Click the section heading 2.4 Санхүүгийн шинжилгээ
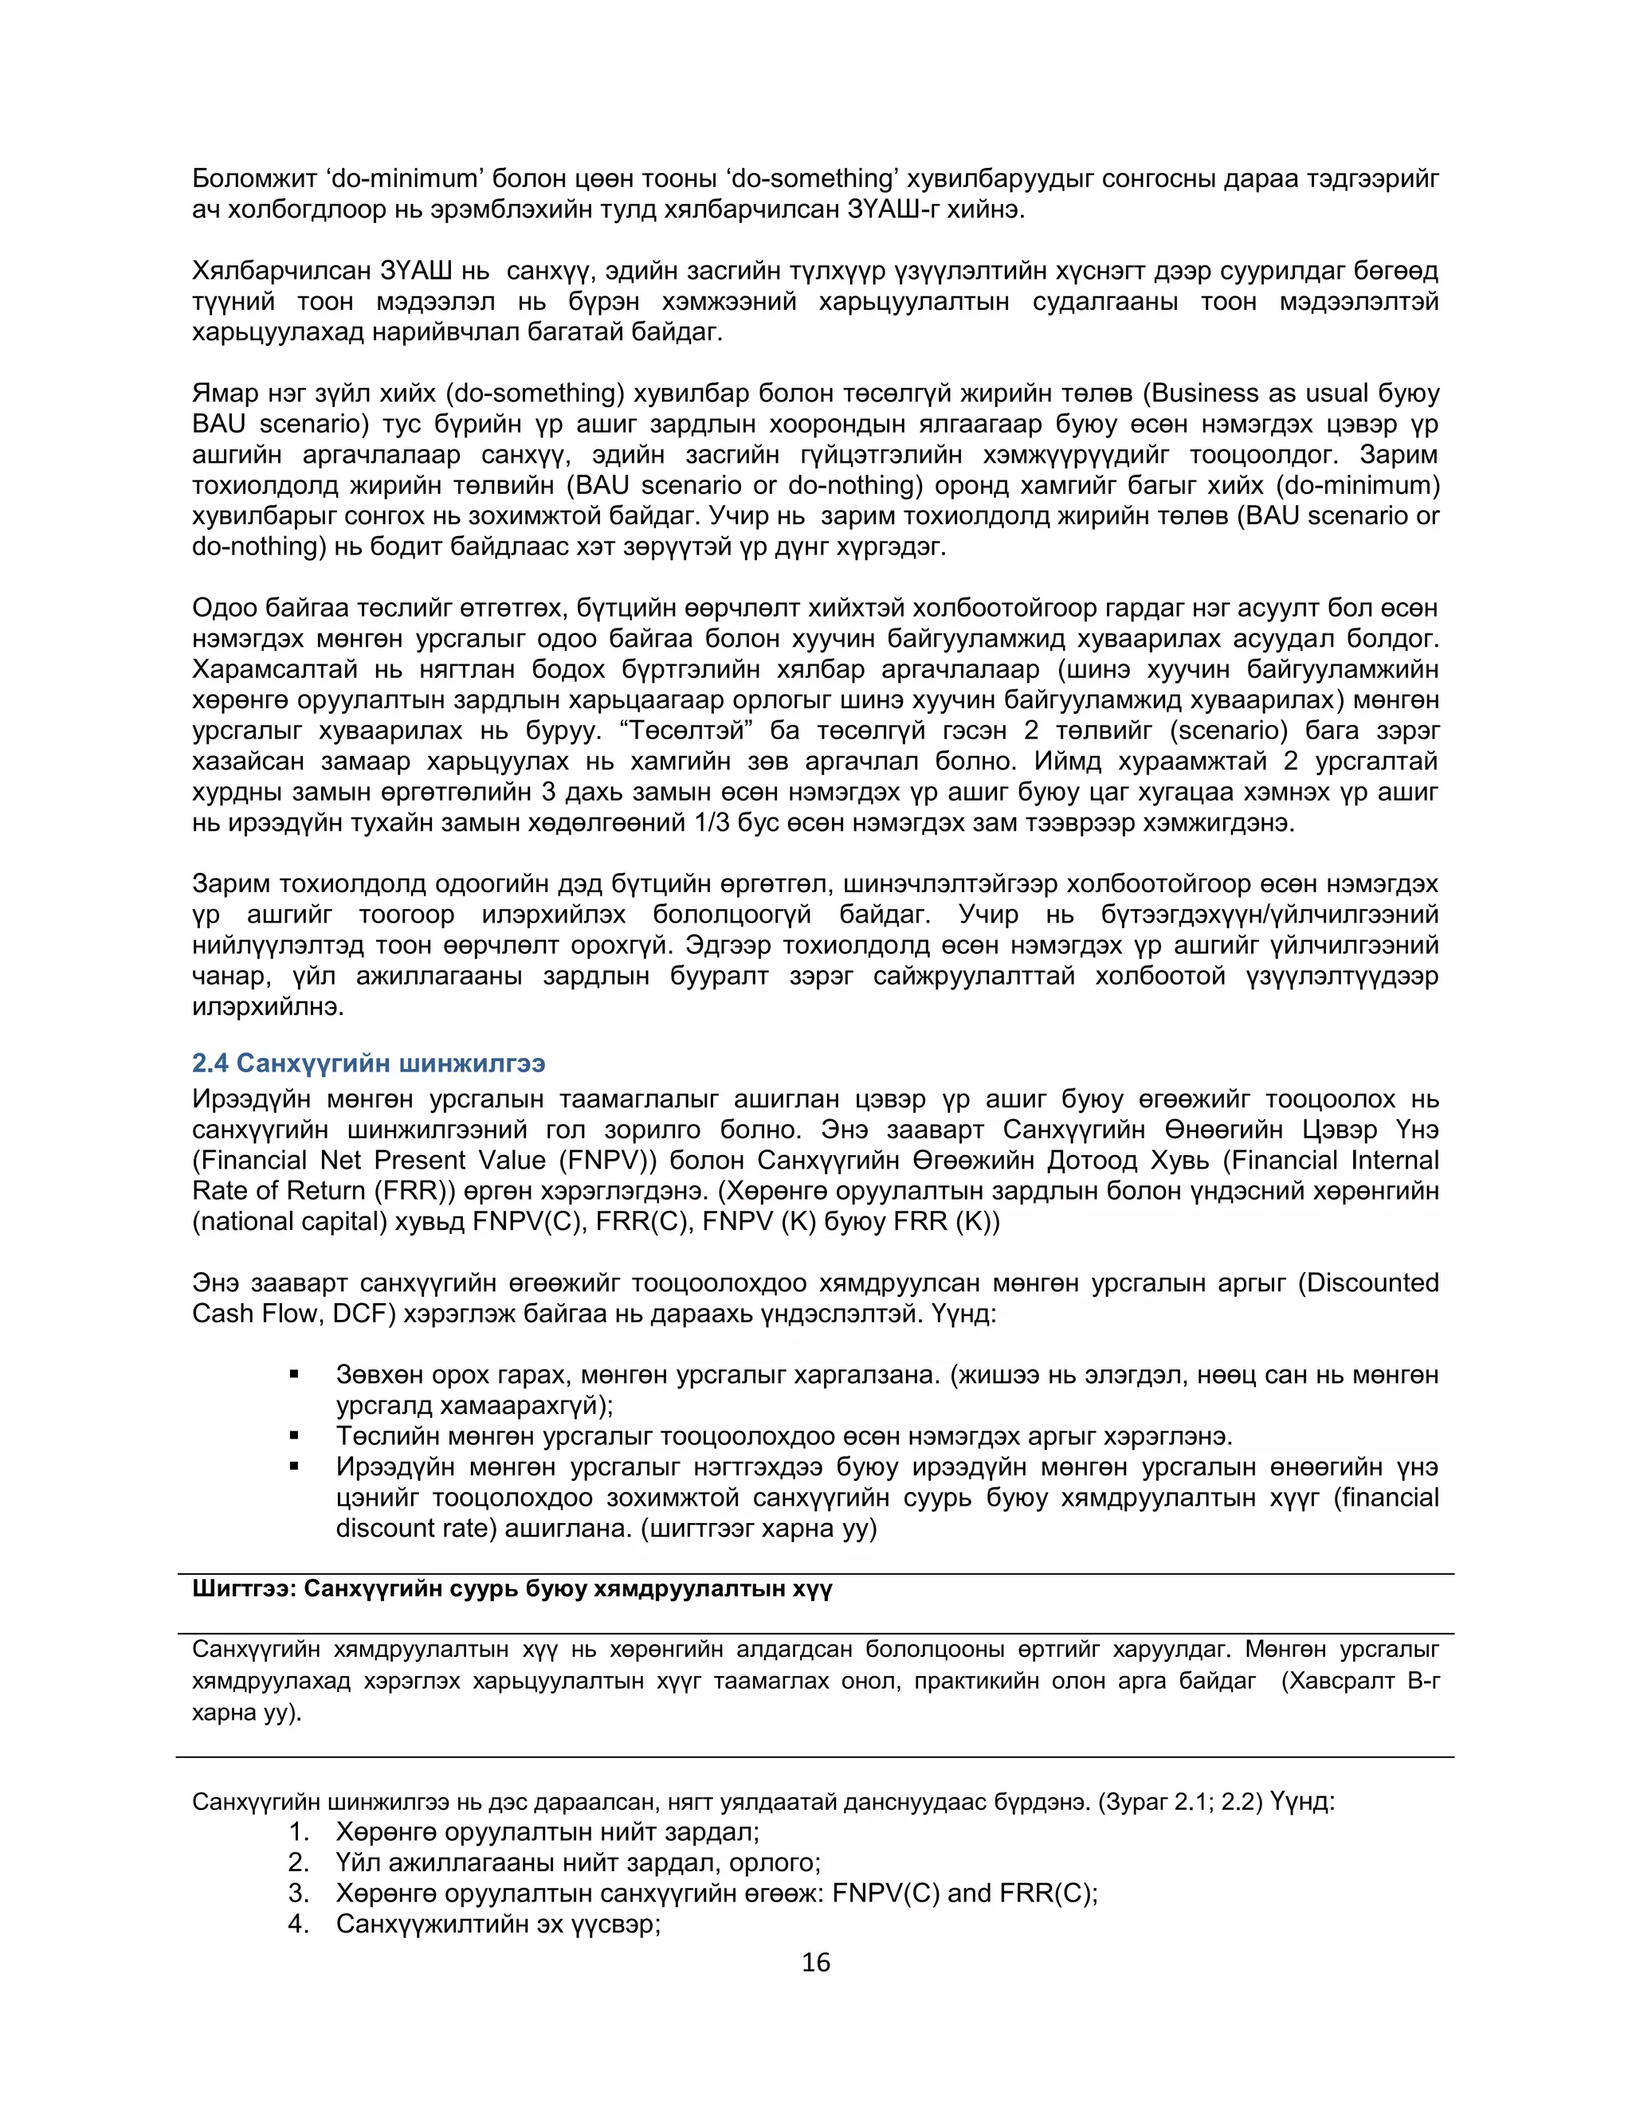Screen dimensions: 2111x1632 [x=368, y=1063]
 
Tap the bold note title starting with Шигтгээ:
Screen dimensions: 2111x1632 [x=512, y=1589]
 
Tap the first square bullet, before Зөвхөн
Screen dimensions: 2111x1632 [x=294, y=1374]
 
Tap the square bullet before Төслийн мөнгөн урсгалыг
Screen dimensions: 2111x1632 [x=294, y=1436]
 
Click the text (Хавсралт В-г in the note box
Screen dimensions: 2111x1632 [x=1360, y=1681]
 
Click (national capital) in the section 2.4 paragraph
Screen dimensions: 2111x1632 [x=289, y=1222]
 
